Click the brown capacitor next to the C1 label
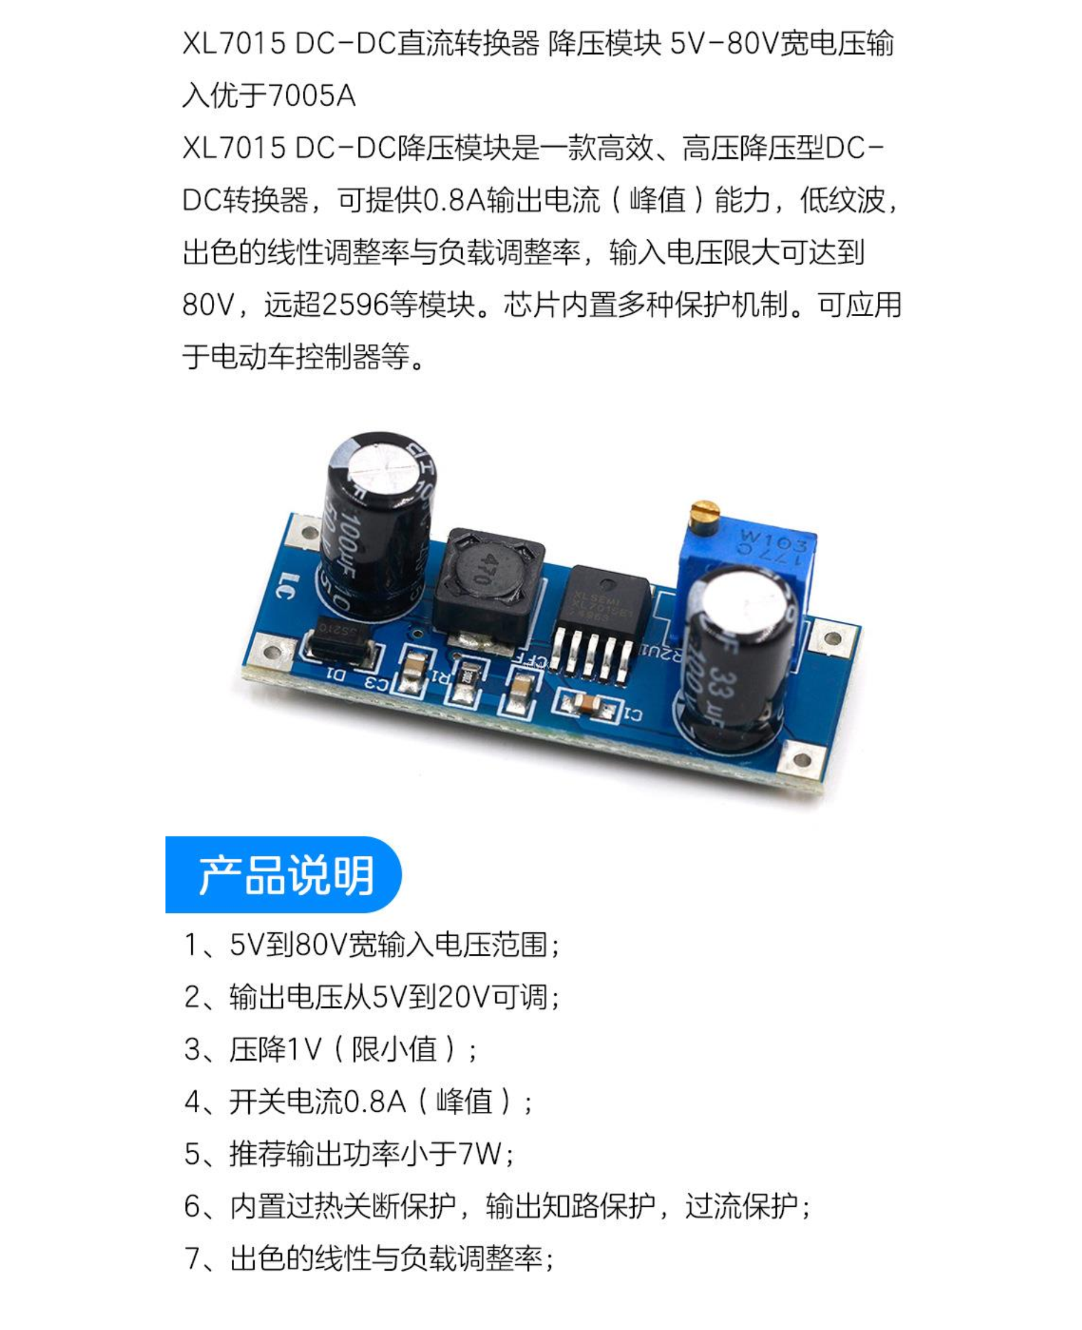(587, 703)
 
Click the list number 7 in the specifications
(192, 1258)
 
